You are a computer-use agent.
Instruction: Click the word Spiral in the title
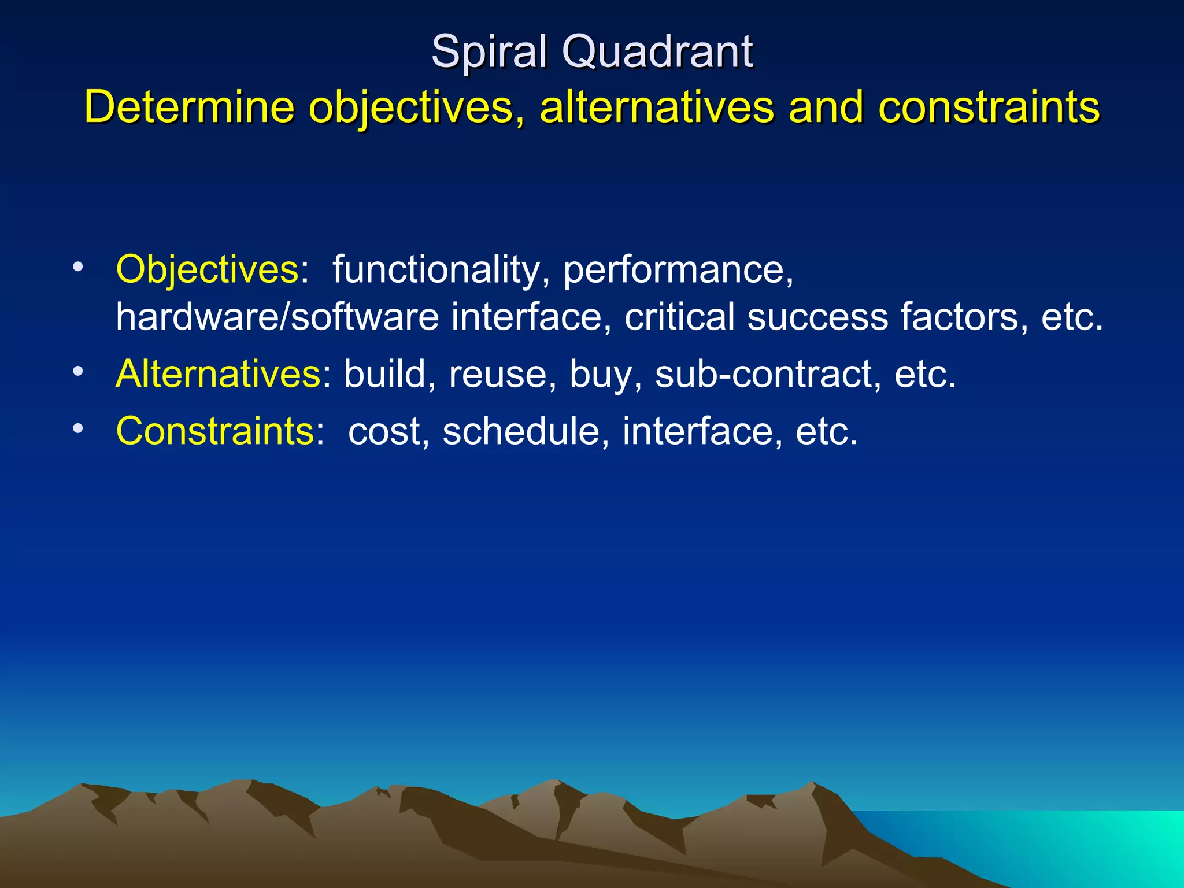click(489, 52)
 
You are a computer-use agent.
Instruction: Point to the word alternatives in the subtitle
click(656, 108)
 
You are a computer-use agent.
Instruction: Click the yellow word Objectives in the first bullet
click(207, 269)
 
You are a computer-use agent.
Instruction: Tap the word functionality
click(436, 269)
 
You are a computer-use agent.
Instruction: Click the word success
click(817, 317)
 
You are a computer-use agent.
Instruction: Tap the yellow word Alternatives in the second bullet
click(219, 374)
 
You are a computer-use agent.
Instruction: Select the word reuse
click(498, 374)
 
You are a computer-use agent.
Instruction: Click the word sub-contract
click(763, 374)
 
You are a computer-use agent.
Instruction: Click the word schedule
click(521, 431)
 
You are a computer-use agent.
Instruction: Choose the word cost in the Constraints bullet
click(384, 431)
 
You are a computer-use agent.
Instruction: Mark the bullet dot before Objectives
click(78, 267)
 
